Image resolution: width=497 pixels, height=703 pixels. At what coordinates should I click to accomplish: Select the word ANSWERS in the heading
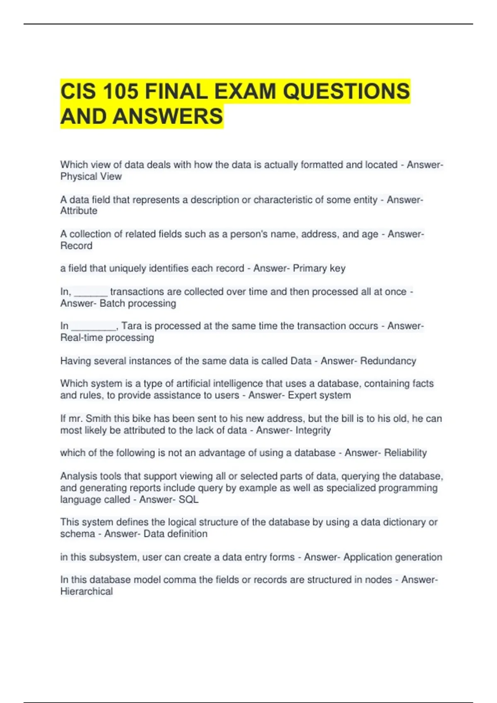(x=168, y=116)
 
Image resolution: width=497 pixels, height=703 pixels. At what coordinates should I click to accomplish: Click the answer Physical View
(x=91, y=177)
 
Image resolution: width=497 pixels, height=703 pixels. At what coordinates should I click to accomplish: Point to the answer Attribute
(x=79, y=211)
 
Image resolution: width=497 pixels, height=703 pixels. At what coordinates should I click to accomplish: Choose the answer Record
(x=76, y=246)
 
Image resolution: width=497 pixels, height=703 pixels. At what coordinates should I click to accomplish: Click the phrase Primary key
(x=319, y=268)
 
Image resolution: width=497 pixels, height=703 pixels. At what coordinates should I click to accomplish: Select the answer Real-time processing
(x=107, y=338)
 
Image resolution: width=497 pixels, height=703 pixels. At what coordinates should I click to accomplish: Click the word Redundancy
(x=388, y=361)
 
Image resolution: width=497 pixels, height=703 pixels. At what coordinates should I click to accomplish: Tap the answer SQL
(x=188, y=500)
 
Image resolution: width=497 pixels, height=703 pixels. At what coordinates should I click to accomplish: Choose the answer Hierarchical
(x=86, y=592)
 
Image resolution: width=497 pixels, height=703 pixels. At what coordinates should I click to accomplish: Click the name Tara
(x=131, y=326)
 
